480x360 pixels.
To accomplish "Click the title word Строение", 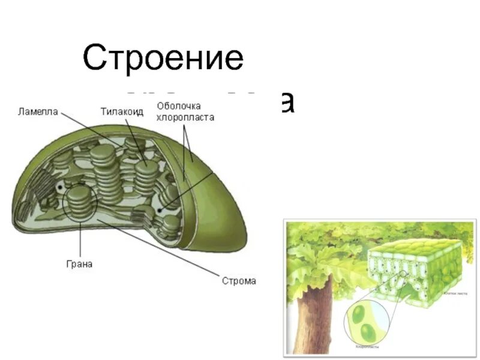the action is click(163, 59).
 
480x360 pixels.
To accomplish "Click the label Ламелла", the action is click(37, 111).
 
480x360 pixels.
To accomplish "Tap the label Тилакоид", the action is click(122, 111).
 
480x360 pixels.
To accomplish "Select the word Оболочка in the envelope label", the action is click(178, 106).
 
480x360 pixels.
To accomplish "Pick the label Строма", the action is click(239, 280).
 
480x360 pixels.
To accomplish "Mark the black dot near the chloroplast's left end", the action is click(60, 187).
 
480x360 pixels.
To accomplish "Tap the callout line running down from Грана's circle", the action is click(79, 240).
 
